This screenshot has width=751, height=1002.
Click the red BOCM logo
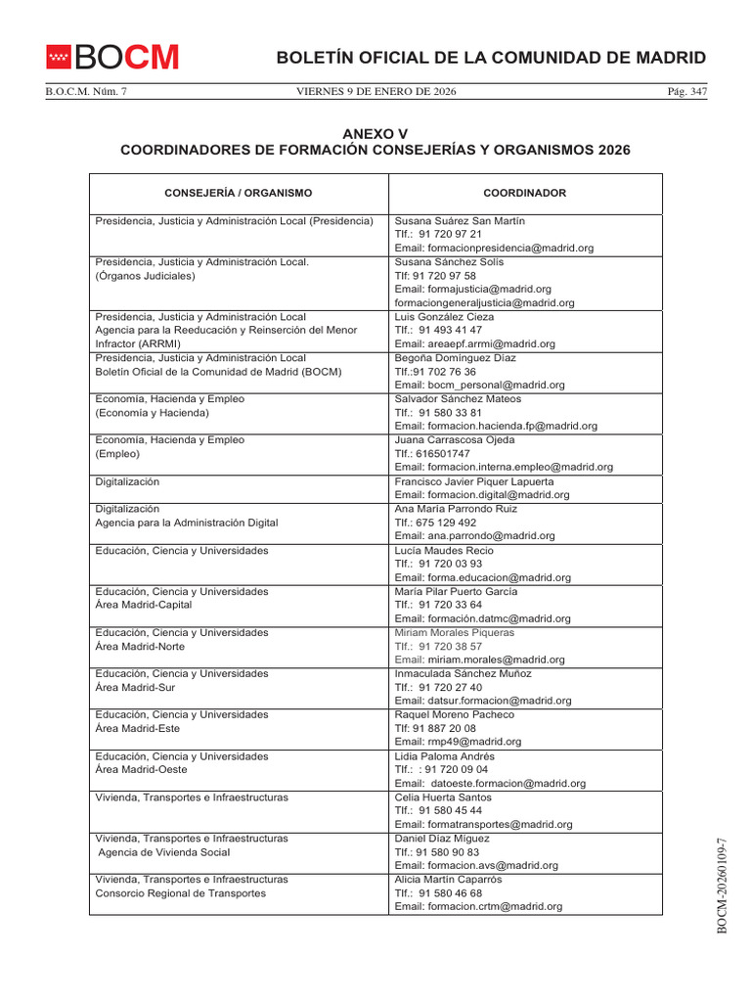[x=113, y=58]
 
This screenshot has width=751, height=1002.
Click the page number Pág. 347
[x=685, y=92]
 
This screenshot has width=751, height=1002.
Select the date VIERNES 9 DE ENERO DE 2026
[x=375, y=92]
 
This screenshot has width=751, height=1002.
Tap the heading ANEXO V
[x=375, y=133]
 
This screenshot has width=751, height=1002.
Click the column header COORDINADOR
[x=524, y=194]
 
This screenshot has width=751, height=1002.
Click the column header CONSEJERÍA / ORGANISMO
[x=239, y=194]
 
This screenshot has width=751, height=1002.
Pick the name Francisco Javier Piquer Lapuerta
[x=473, y=481]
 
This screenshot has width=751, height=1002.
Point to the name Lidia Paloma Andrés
[x=444, y=756]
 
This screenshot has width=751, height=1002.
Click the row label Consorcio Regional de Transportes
[x=180, y=893]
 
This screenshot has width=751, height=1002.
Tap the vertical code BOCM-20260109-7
[x=723, y=886]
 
